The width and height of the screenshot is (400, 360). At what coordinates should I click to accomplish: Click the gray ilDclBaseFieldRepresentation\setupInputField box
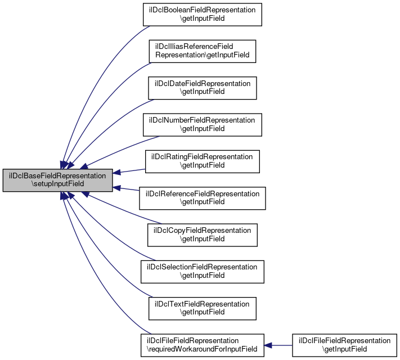pos(57,180)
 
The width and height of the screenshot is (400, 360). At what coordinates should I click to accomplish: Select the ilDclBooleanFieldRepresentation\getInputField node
pos(203,15)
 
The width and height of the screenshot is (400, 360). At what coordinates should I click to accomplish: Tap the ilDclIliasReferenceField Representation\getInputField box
pos(203,51)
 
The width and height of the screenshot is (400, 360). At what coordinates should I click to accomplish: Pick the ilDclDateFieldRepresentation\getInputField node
pos(203,88)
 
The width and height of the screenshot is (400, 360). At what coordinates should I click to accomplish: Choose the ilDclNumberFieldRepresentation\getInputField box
pos(203,125)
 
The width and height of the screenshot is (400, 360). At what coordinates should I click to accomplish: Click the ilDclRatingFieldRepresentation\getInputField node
pos(203,161)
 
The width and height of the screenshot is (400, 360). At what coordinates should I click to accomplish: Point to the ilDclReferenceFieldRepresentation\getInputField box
pos(203,198)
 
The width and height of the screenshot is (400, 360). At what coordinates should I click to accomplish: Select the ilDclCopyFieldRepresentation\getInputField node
pos(203,235)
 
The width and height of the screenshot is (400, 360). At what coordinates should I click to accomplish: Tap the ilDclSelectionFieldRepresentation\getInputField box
pos(203,272)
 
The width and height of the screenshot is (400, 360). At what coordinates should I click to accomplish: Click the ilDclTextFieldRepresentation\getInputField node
pos(203,308)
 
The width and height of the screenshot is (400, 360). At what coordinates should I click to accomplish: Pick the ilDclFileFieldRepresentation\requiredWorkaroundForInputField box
pos(203,345)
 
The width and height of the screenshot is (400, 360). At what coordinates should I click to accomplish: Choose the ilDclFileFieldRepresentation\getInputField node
pos(344,345)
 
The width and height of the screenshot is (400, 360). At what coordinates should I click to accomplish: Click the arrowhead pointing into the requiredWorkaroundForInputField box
pos(268,345)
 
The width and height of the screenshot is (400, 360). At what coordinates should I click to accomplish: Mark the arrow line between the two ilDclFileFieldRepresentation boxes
pos(278,345)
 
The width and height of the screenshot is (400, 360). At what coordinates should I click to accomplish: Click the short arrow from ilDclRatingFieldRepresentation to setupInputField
pos(129,171)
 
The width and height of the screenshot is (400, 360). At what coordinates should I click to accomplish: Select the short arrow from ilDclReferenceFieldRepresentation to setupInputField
pos(126,188)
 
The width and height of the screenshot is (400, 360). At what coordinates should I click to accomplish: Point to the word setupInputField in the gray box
pos(57,184)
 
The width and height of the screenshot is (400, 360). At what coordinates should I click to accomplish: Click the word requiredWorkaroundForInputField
pos(202,349)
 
